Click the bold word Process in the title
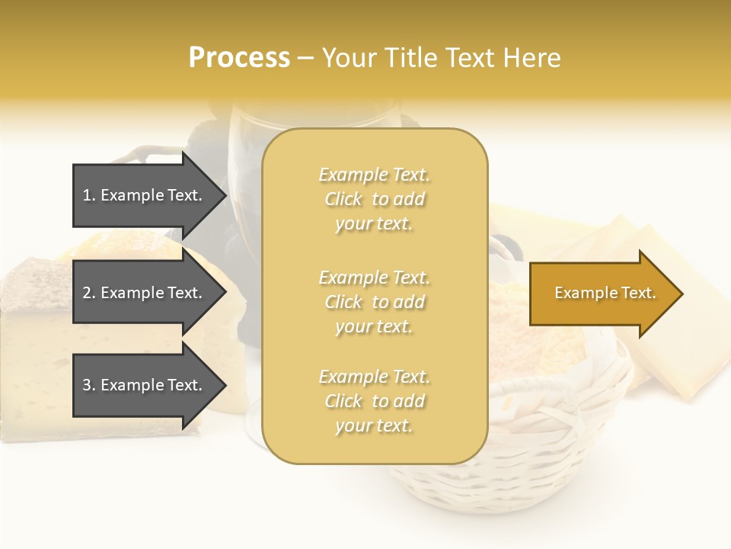[x=239, y=57]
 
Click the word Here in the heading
[x=530, y=57]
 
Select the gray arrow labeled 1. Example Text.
[x=145, y=195]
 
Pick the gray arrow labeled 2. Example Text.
[x=145, y=293]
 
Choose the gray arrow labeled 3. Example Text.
[x=145, y=385]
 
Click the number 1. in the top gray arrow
[x=89, y=195]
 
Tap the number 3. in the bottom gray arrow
[x=89, y=385]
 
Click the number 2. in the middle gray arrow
[x=89, y=293]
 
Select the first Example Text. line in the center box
[x=374, y=175]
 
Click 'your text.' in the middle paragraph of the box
[x=374, y=326]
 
